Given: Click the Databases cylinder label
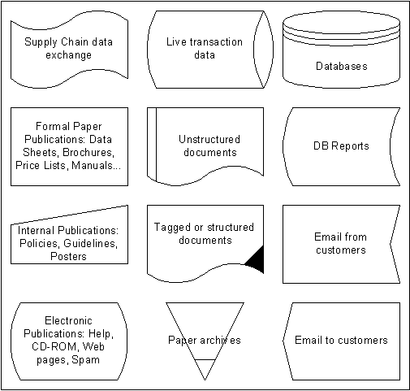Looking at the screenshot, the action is point(342,66).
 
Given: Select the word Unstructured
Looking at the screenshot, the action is point(209,139).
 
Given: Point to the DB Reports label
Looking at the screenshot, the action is point(341,146).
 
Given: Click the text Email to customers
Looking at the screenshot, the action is point(341,340).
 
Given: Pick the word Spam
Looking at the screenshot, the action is point(86,360).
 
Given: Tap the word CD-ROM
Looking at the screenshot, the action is point(55,346).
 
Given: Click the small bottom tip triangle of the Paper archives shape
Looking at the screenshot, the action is point(205,369).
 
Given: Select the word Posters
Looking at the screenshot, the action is point(68,256).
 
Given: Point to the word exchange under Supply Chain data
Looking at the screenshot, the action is point(68,55).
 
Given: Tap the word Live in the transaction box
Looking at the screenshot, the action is point(175,41).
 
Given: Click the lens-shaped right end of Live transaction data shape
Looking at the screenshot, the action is point(263,50).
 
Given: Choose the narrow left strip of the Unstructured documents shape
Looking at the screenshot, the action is point(152,144).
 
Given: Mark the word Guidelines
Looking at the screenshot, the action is point(91,243).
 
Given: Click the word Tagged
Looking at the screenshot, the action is point(172,228).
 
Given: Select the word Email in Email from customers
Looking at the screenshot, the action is point(327,237).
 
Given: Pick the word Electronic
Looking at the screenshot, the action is point(68,320).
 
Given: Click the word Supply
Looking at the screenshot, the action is point(41,42).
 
